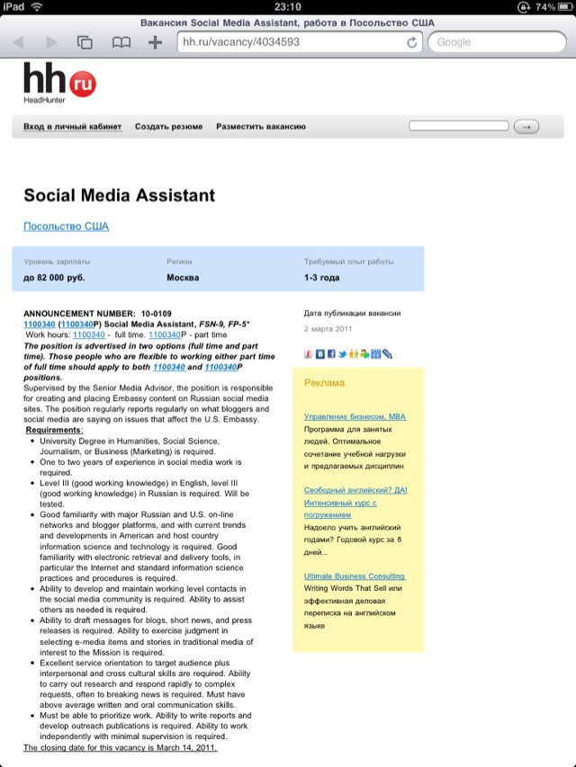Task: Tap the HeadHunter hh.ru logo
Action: [x=59, y=84]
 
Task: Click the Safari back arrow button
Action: [x=18, y=42]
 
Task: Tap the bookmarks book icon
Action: [x=120, y=42]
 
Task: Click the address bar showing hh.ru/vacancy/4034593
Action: [x=288, y=42]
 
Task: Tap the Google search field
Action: [x=495, y=42]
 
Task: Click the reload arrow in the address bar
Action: [x=412, y=42]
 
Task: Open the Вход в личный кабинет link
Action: [x=72, y=127]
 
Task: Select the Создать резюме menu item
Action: [x=168, y=127]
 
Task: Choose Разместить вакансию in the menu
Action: [x=261, y=127]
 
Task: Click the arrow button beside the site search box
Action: [x=526, y=127]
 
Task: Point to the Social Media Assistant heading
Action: [x=119, y=195]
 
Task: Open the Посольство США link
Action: [x=66, y=227]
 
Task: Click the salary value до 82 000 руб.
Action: [x=54, y=278]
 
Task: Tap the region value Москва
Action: [x=183, y=278]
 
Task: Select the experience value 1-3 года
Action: [x=321, y=278]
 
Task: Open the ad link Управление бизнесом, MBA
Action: [x=355, y=417]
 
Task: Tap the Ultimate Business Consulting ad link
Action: [x=354, y=575]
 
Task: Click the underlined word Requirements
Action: [x=54, y=431]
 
